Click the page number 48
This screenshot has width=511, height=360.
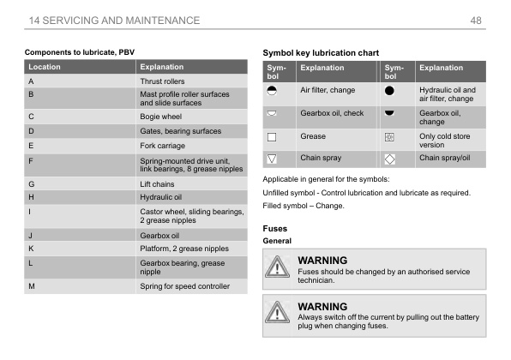[x=477, y=20]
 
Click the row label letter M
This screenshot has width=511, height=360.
[x=32, y=285]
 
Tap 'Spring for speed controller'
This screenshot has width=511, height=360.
[x=185, y=285]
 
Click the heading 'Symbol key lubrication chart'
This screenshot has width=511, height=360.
[x=321, y=53]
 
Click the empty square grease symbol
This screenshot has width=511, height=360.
[x=272, y=136]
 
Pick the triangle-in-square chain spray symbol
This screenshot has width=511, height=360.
[x=272, y=159]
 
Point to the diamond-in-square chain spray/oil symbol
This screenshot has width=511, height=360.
[x=389, y=159]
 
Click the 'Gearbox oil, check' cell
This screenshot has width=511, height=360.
[x=331, y=113]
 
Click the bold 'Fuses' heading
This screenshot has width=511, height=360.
[x=274, y=229]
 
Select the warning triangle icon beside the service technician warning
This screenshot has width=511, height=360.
[x=277, y=267]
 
